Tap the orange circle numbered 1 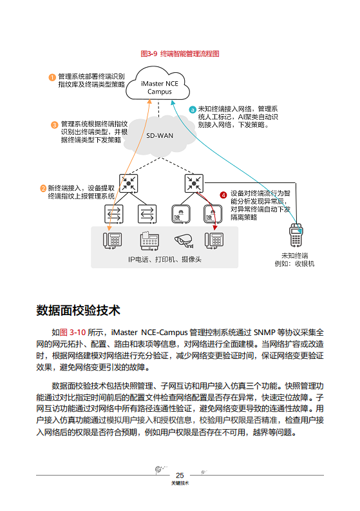(x=52, y=77)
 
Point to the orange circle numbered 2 (x=43, y=189)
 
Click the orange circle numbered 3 (x=54, y=124)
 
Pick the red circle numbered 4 (x=223, y=194)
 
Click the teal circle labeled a (x=192, y=110)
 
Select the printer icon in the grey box (x=149, y=240)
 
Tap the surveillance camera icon (x=182, y=240)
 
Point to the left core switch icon (x=129, y=183)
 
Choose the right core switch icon (x=194, y=183)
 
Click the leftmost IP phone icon (x=113, y=240)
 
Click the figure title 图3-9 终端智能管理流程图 (x=180, y=53)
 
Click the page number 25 (x=180, y=475)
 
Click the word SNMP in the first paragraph (x=266, y=332)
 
